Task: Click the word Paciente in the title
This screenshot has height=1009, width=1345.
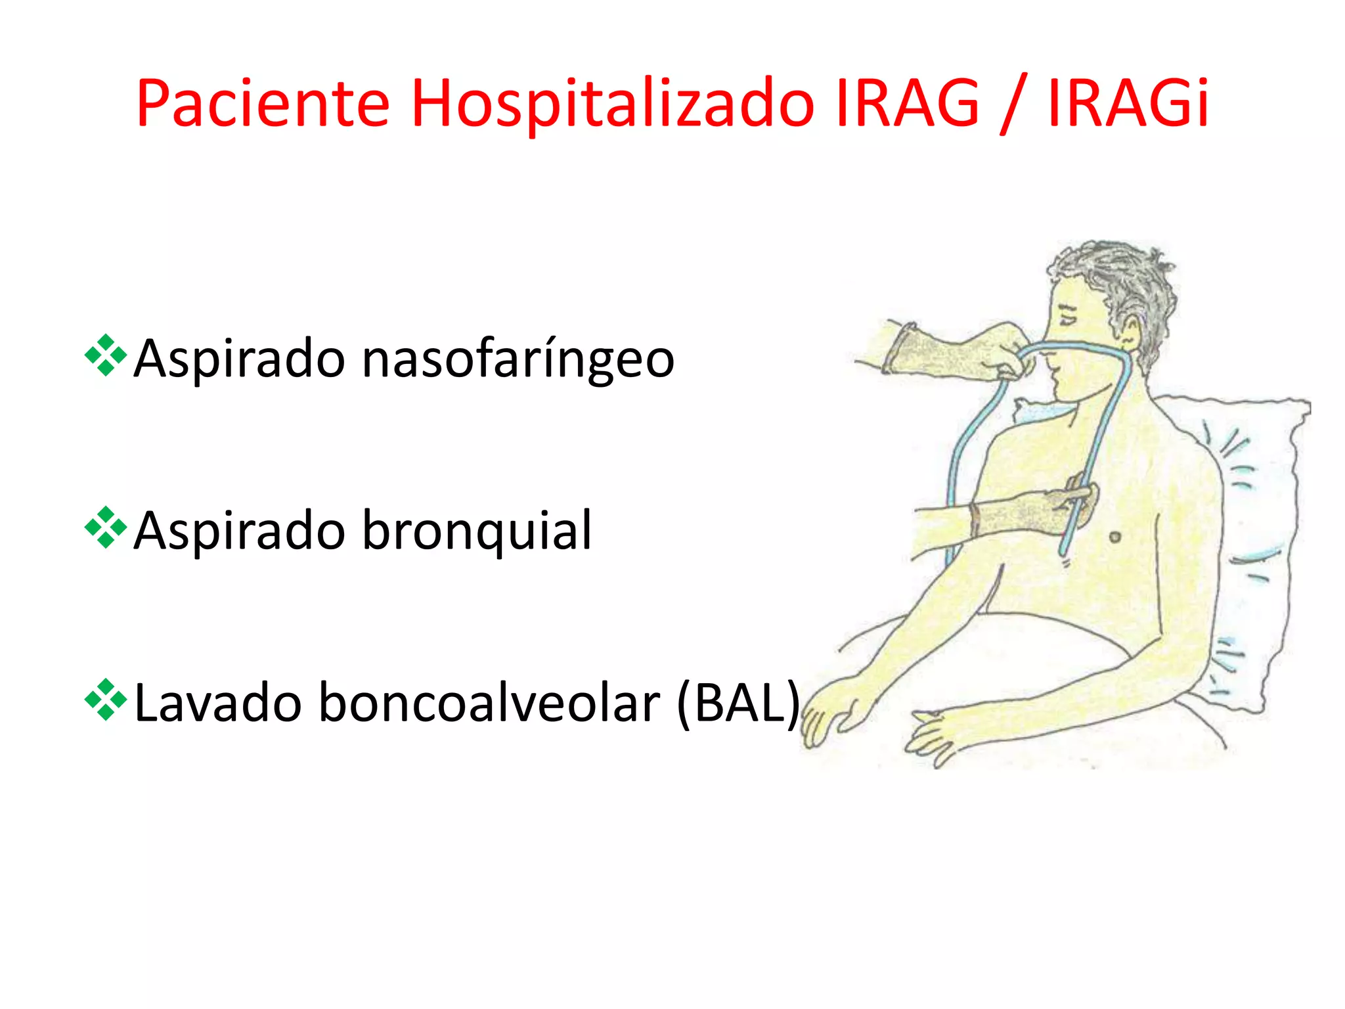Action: tap(263, 104)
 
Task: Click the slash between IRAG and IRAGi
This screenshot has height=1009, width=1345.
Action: tap(1013, 105)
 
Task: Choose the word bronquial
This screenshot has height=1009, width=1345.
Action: tap(477, 531)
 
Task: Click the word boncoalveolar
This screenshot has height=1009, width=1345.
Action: tap(489, 703)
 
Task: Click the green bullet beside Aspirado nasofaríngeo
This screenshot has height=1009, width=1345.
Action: tap(106, 355)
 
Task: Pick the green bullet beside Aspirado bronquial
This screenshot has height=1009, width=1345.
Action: tap(106, 527)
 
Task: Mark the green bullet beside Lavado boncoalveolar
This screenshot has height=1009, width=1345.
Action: tap(106, 700)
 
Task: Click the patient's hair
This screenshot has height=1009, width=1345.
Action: tap(1123, 276)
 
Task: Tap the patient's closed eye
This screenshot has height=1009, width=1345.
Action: tap(1068, 318)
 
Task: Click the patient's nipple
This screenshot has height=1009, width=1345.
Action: tap(1114, 537)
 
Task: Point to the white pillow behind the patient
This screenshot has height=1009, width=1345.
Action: tap(1248, 526)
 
